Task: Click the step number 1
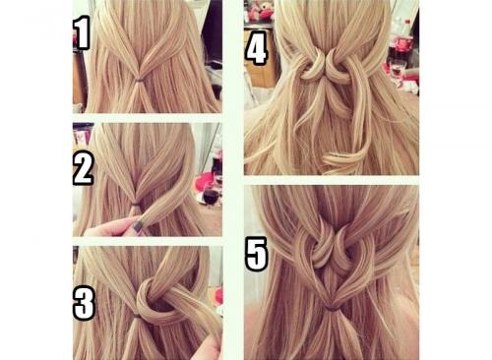click(x=81, y=32)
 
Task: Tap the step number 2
click(x=84, y=168)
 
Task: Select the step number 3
click(x=84, y=303)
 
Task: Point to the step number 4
click(x=256, y=47)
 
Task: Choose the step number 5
click(x=256, y=254)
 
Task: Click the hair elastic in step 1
click(x=140, y=80)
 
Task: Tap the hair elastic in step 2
click(x=136, y=205)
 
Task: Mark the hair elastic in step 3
click(x=138, y=316)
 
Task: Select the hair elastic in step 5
click(x=332, y=308)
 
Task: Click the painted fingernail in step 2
click(x=139, y=226)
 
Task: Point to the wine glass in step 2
click(x=211, y=195)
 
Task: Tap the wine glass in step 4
click(x=398, y=68)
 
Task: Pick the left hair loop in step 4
click(x=311, y=66)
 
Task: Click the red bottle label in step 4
click(x=403, y=44)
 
